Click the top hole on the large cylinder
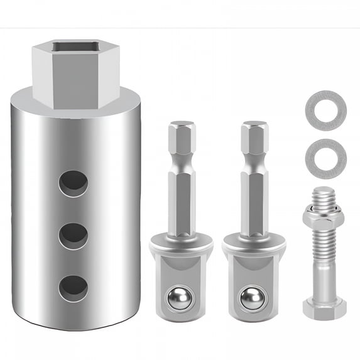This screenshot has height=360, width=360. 74,183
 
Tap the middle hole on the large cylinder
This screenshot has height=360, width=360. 74,235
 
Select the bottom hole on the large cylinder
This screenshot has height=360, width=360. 74,287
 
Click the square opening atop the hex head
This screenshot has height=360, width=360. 76,48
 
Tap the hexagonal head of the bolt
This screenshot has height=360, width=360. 324,308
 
